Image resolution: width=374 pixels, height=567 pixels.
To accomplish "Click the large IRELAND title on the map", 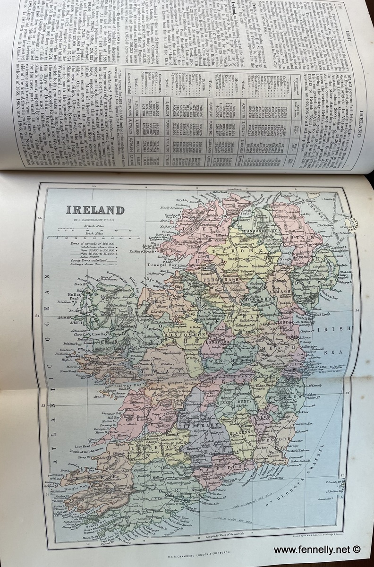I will [95, 211].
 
